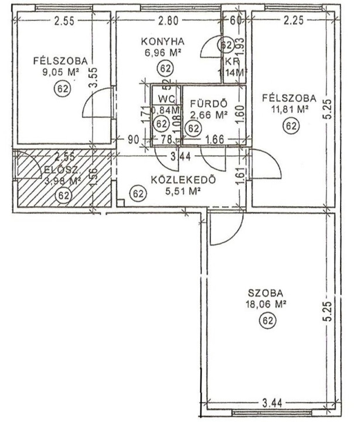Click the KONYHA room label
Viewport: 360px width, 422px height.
[163, 41]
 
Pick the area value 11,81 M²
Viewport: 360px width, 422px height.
[289, 109]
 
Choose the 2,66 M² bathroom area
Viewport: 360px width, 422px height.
[209, 115]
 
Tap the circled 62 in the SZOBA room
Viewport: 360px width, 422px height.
[267, 320]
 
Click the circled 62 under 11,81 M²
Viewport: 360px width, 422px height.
[289, 125]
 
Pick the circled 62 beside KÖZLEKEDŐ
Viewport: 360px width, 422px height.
[138, 192]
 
